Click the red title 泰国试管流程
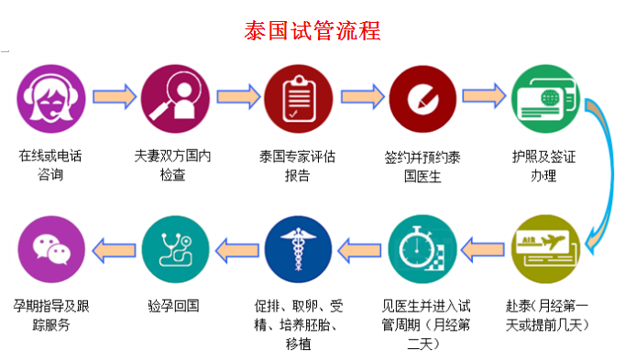[312, 29]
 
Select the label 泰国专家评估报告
[297, 165]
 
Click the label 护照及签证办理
[543, 165]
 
